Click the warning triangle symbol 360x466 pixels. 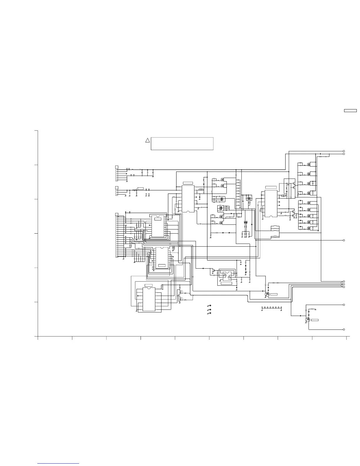[148, 140]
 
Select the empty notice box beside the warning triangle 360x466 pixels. [182, 144]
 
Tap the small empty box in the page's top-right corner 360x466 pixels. [350, 111]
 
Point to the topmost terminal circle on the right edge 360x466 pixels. [344, 151]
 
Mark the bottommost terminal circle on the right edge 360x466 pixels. [344, 329]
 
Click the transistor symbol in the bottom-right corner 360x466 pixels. [308, 320]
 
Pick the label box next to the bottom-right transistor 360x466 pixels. [315, 319]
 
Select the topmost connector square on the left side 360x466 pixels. [116, 167]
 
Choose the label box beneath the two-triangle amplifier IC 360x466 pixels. [226, 283]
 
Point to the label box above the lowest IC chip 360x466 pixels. [149, 285]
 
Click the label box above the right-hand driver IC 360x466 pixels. [271, 187]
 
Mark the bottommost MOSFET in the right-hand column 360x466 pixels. [309, 228]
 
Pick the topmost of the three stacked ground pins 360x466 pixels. [210, 306]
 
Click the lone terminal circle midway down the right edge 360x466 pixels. [344, 240]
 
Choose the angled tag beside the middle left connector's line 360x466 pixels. [139, 189]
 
